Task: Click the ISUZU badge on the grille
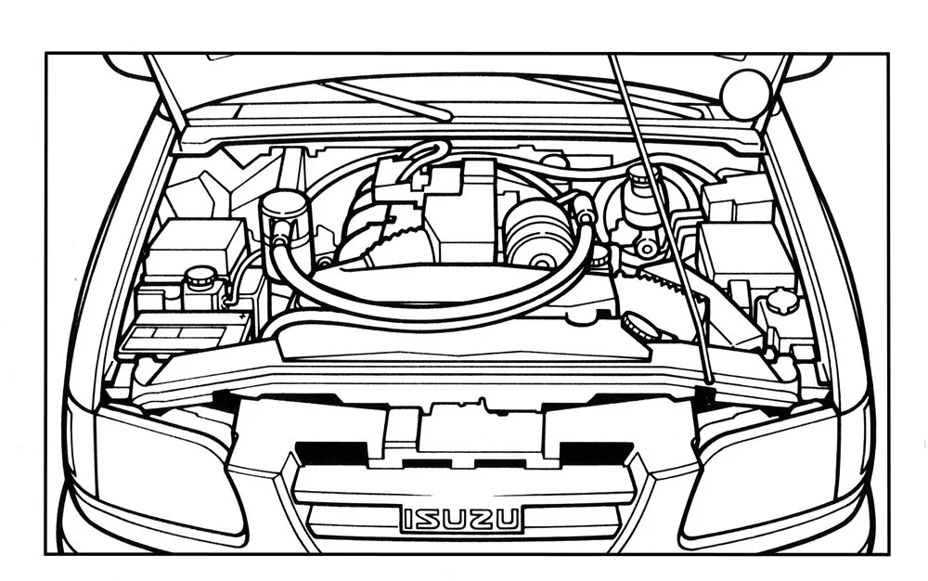pos(461,519)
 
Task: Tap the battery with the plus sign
pos(186,330)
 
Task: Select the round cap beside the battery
pos(198,277)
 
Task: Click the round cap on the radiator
pos(637,325)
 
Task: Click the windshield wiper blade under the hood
pos(390,100)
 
